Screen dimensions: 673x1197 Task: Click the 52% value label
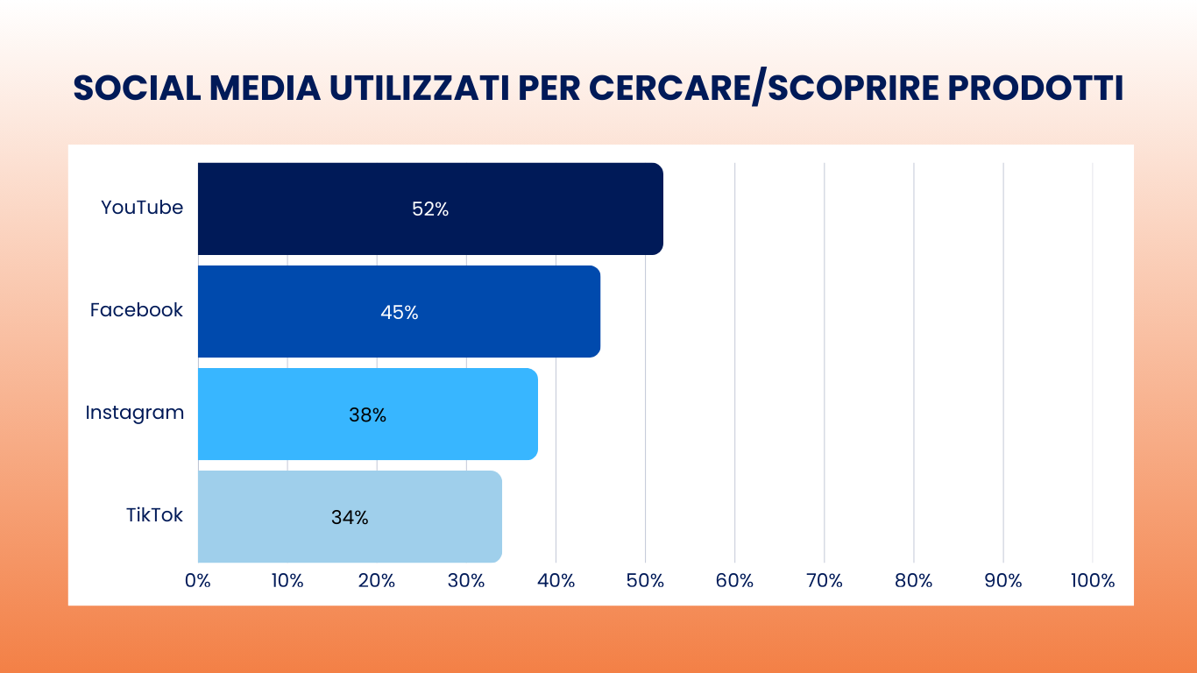click(430, 209)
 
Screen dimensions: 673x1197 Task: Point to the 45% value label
click(400, 312)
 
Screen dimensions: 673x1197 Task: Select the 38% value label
click(367, 414)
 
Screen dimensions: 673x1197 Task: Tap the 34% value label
click(350, 517)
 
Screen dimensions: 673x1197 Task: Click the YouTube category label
click(142, 208)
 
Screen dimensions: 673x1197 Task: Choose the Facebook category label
click(137, 310)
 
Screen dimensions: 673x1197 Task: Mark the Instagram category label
click(135, 413)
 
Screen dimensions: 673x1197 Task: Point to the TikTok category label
click(154, 515)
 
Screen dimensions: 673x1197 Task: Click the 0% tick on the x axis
click(198, 581)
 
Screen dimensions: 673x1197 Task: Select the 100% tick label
click(1092, 581)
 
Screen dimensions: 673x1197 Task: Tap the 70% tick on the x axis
click(824, 581)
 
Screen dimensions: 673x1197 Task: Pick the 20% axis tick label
click(377, 581)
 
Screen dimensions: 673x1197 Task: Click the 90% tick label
click(1002, 581)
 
